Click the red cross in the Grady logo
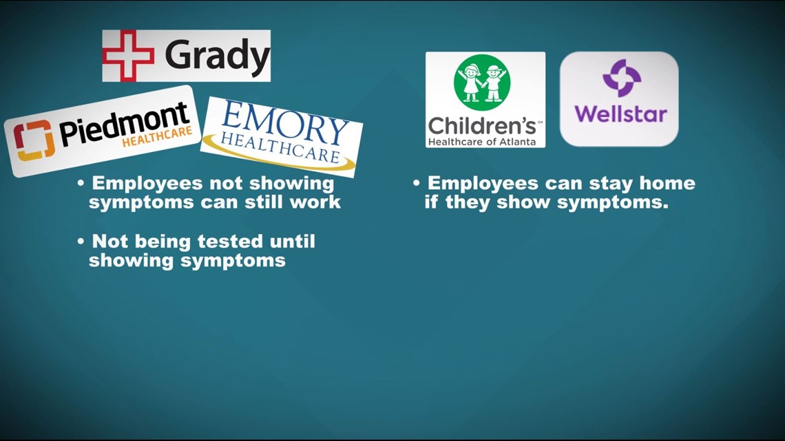click(x=128, y=56)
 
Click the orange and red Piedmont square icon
click(x=34, y=140)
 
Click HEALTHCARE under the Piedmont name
click(x=157, y=136)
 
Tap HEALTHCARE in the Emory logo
click(x=280, y=147)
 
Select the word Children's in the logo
click(x=481, y=126)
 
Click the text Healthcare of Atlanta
click(x=481, y=142)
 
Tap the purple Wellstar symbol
click(x=621, y=78)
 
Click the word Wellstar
click(x=621, y=114)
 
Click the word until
click(x=293, y=241)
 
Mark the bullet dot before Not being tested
click(x=81, y=242)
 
